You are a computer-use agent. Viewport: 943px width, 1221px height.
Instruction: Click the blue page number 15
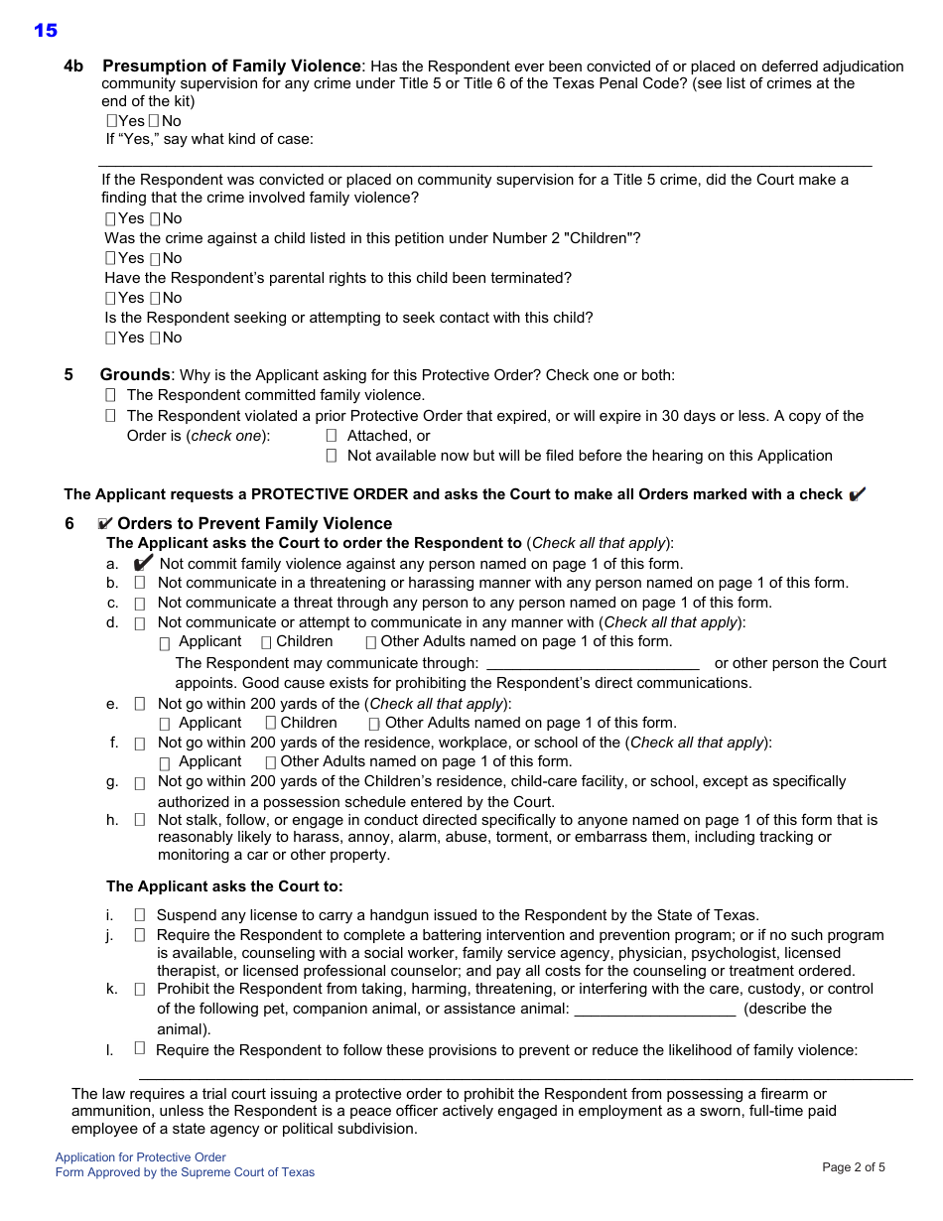point(46,31)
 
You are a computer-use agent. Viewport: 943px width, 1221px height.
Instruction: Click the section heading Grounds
point(135,374)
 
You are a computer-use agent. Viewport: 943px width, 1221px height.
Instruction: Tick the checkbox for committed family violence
point(110,395)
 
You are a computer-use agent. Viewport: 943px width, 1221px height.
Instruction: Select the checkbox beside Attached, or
point(332,436)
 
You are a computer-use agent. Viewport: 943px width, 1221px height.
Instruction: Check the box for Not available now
point(332,456)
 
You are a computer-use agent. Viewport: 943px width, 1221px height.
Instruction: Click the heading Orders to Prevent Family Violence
point(254,523)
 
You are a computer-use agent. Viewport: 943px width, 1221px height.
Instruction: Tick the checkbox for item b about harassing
point(140,583)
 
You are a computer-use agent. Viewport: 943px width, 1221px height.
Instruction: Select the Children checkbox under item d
point(266,642)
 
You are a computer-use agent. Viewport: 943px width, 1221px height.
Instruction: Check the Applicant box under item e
point(165,724)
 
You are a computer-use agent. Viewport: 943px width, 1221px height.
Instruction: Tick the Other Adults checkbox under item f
point(271,762)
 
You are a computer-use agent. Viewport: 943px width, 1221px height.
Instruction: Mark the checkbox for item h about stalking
point(140,820)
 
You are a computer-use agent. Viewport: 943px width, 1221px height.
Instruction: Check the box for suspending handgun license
point(140,915)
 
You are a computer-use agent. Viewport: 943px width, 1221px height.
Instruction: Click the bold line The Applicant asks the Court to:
point(224,886)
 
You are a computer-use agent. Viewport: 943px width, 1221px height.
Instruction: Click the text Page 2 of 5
point(854,1167)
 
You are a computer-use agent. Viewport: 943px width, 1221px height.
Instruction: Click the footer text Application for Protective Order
point(141,1157)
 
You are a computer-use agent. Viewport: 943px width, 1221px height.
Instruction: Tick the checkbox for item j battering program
point(140,935)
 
